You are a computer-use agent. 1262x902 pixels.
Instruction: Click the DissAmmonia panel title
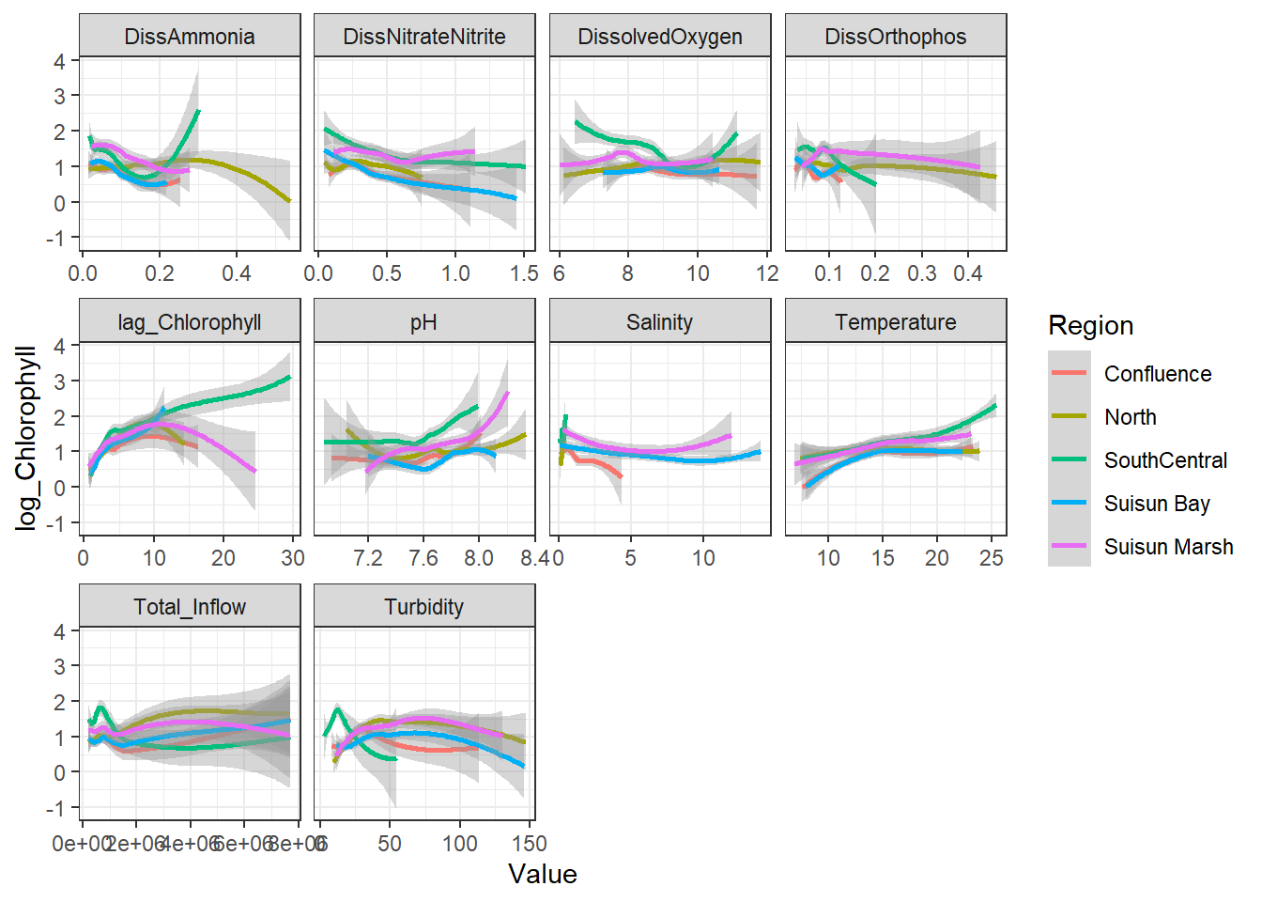[190, 37]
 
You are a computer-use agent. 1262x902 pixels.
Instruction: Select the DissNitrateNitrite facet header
[424, 37]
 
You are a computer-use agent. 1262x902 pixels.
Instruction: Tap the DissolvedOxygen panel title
[660, 37]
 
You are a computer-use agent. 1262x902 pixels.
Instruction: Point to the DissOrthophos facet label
[896, 37]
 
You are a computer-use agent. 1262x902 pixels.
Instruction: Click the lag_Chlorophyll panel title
[190, 322]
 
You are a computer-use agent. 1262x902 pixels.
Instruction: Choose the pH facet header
[424, 322]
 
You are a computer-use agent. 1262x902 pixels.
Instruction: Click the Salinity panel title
[660, 322]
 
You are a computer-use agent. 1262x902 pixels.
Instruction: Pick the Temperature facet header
[896, 322]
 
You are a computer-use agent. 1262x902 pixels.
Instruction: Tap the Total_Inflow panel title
[190, 607]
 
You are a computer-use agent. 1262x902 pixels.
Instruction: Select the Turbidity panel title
[424, 607]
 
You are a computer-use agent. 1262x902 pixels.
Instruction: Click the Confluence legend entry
[1157, 374]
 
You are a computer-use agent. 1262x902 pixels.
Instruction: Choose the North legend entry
[1130, 417]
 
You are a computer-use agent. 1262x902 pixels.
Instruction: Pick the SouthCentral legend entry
[1165, 460]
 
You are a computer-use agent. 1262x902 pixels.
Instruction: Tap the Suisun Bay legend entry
[1157, 504]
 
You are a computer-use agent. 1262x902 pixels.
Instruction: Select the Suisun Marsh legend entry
[1168, 547]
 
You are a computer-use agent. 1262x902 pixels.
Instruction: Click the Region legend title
[1091, 326]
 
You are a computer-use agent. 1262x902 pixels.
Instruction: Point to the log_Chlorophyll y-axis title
[26, 438]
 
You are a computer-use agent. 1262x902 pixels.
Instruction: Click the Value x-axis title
[543, 875]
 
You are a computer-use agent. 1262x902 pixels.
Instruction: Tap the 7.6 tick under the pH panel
[423, 558]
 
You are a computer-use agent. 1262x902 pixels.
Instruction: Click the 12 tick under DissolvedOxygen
[767, 273]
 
